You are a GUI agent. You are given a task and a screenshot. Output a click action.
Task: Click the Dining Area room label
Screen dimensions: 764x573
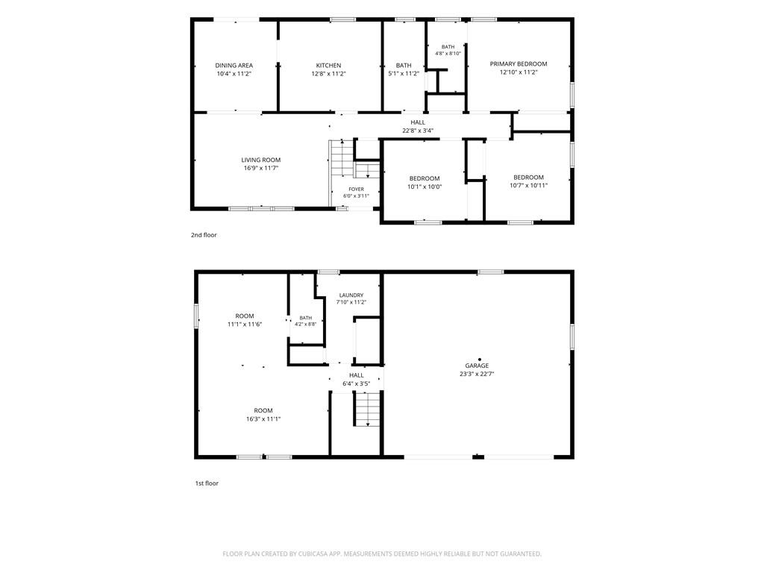click(234, 66)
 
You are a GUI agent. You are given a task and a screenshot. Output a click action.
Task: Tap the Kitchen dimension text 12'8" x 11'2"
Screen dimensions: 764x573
click(329, 74)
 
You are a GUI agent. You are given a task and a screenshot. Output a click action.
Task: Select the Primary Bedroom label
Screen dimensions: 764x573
click(519, 64)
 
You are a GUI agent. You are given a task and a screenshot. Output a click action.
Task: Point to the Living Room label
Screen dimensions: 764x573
click(261, 160)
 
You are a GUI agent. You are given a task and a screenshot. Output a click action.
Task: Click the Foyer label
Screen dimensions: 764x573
click(356, 189)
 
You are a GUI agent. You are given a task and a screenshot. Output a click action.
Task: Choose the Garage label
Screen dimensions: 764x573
click(477, 366)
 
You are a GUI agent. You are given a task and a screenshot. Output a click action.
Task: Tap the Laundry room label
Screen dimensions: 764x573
click(351, 295)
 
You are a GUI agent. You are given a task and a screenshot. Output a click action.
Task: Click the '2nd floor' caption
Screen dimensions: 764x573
click(204, 235)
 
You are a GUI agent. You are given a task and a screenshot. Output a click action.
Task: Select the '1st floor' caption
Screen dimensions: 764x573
click(207, 483)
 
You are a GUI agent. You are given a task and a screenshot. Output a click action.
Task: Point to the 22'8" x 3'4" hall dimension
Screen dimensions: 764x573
click(418, 131)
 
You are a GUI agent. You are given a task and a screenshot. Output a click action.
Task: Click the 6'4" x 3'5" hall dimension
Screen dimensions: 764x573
click(356, 384)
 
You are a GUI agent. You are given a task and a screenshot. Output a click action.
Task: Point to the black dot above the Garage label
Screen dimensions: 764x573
click(480, 360)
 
